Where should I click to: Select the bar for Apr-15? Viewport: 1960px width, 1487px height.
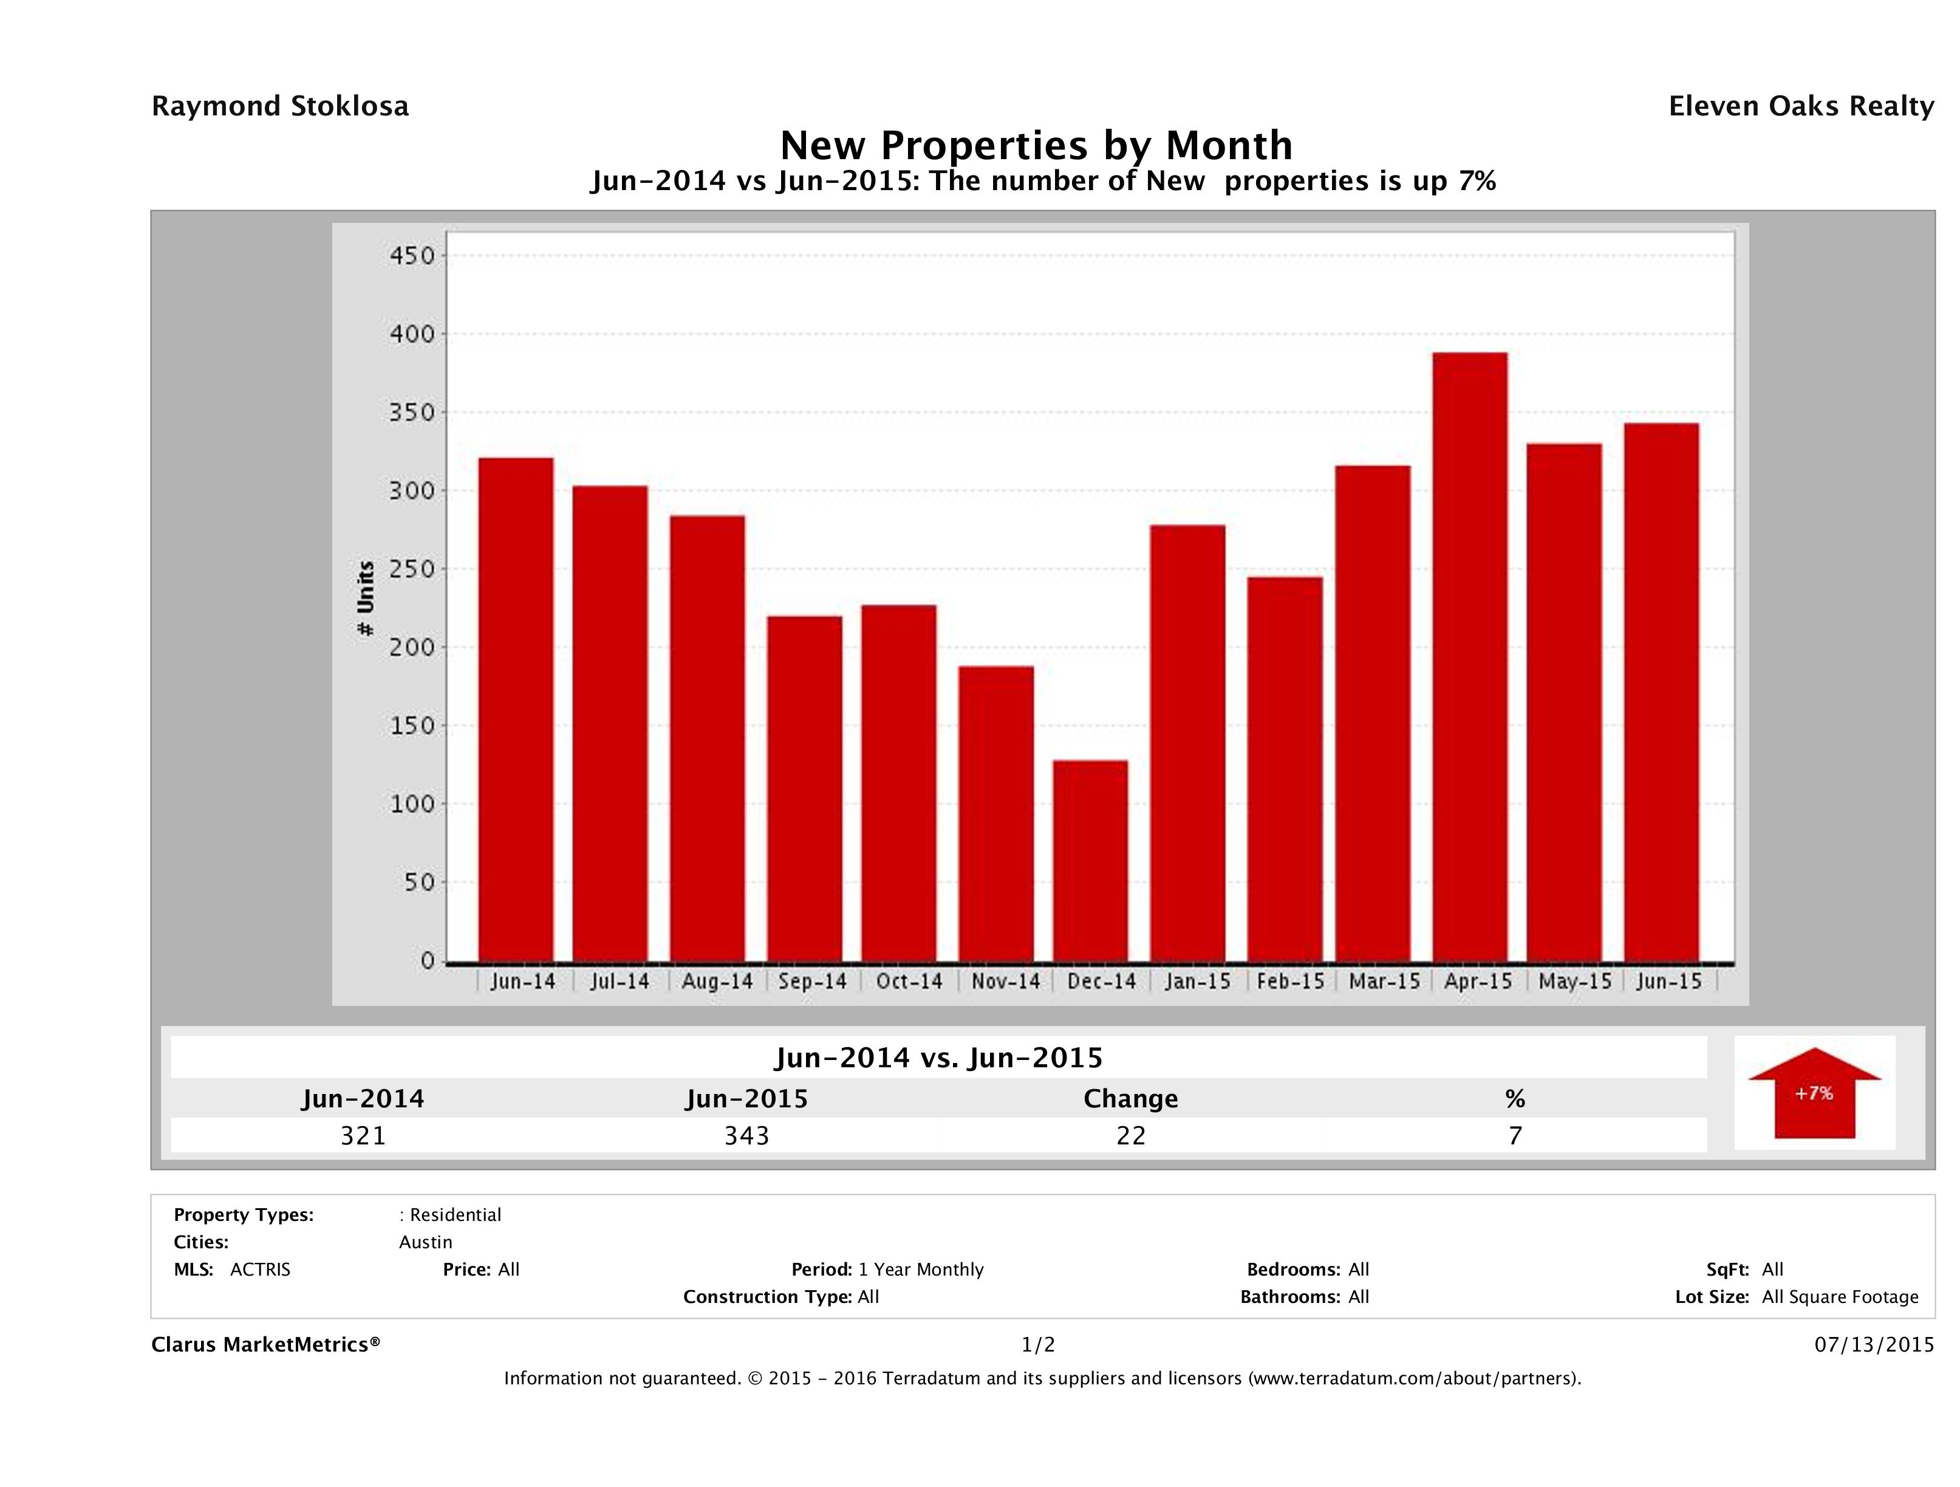coord(1469,657)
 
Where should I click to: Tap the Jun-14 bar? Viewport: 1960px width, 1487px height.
coord(516,709)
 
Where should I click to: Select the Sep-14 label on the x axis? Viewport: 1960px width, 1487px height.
coord(813,982)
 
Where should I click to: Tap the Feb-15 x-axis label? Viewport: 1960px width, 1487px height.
coord(1290,982)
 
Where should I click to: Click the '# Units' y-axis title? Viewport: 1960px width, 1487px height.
coord(365,599)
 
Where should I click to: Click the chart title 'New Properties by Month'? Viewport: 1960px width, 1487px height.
coord(1036,145)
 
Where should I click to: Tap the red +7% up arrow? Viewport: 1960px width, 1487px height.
coord(1814,1093)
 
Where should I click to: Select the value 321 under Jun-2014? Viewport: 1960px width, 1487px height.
coord(363,1136)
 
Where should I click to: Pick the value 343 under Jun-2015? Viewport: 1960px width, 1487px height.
coord(747,1136)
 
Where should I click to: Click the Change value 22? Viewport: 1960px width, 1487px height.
coord(1131,1136)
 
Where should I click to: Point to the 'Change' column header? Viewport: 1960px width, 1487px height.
coord(1131,1099)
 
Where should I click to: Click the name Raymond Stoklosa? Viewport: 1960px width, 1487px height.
coord(280,106)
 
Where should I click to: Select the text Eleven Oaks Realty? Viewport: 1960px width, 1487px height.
coord(1800,106)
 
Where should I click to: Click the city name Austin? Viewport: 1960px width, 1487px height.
coord(425,1242)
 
